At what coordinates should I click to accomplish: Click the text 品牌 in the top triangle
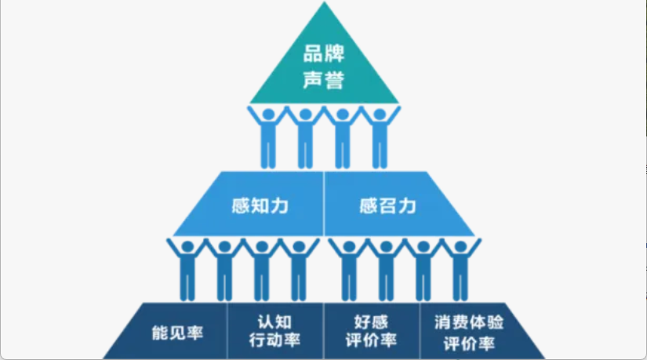324,56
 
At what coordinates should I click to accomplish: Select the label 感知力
260,206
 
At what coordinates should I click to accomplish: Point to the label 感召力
387,206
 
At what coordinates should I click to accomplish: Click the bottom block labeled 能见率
176,332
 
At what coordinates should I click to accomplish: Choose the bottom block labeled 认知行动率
274,332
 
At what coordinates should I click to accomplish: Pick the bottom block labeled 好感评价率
371,332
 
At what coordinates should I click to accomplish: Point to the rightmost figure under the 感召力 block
460,271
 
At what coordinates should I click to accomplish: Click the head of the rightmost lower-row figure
460,247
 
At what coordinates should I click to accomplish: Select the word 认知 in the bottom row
274,322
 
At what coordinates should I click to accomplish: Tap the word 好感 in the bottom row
371,322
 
